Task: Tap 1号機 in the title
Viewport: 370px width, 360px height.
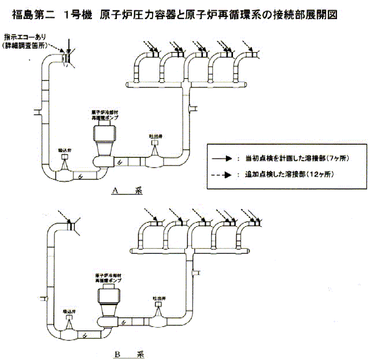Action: click(x=79, y=12)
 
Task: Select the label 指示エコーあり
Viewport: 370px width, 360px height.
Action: click(x=27, y=36)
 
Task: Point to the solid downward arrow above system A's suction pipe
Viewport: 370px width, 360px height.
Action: click(x=68, y=44)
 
